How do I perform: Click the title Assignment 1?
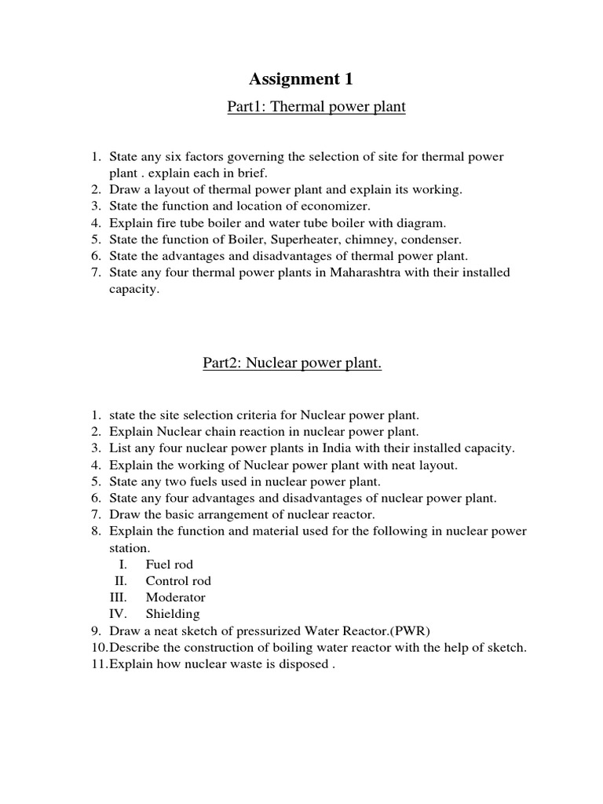pos(301,79)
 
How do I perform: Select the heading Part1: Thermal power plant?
pos(316,106)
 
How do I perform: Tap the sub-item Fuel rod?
pos(169,565)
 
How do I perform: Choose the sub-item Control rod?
pos(178,581)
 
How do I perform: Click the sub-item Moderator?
pos(175,598)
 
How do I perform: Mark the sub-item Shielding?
pos(173,614)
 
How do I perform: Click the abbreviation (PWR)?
pos(409,630)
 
